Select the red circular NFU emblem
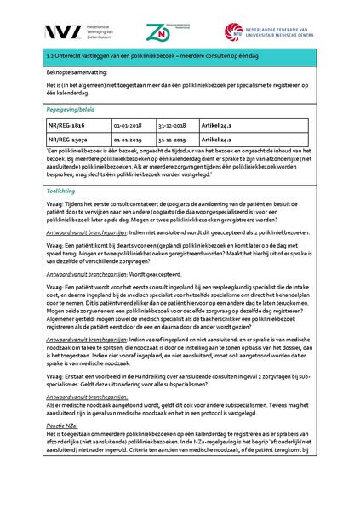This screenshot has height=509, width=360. [234, 32]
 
